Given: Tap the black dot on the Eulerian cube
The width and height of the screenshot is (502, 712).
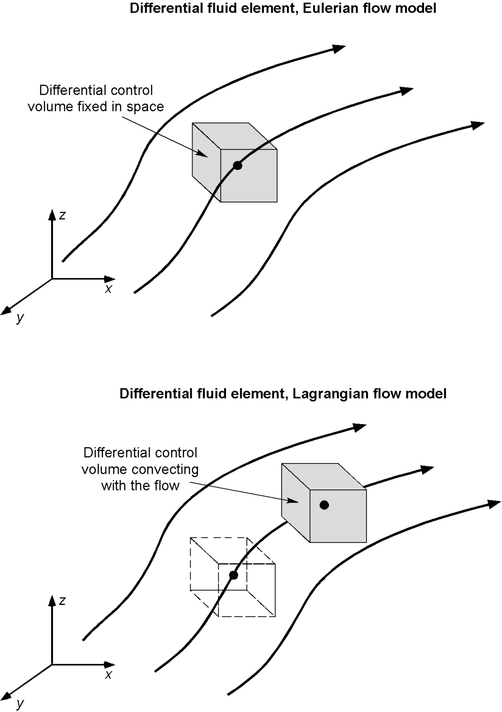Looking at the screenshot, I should (238, 165).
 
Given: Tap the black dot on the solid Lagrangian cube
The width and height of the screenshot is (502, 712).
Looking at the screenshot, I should (324, 505).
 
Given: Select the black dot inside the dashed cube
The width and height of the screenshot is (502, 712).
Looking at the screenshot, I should (233, 575).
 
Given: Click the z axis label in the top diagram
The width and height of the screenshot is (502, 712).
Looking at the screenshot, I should (62, 215).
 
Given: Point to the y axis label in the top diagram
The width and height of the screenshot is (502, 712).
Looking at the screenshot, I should (20, 318).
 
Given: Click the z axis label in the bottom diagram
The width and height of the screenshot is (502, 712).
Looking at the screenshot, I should (62, 601).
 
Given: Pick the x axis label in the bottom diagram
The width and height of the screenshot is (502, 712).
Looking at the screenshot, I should (109, 675).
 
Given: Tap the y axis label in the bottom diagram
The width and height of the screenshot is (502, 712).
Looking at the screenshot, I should (20, 703).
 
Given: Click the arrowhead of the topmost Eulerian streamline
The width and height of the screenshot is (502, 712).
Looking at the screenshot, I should (339, 48).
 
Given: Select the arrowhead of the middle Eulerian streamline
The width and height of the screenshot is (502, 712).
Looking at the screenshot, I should (407, 90).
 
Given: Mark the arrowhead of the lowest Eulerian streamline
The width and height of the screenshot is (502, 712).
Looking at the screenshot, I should (478, 125).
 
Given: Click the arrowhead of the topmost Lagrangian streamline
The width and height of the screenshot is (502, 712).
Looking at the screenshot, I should (360, 427).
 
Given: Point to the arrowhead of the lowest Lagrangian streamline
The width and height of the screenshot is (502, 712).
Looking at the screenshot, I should (495, 504).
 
